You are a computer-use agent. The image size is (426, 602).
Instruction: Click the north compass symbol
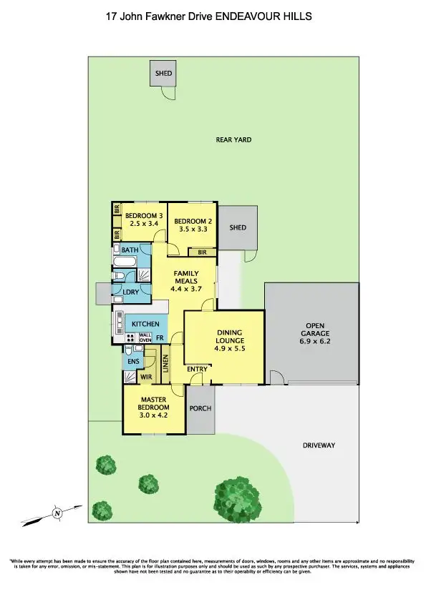point(56,512)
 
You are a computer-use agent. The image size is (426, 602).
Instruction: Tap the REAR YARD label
point(233,140)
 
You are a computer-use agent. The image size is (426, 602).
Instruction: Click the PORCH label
point(200,408)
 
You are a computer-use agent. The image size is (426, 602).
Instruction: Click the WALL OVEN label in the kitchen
point(145,337)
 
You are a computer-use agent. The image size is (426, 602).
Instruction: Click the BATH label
point(130,250)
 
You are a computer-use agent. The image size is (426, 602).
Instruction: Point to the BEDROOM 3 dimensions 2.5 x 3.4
point(140,224)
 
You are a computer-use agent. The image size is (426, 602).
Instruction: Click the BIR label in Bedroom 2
point(202,252)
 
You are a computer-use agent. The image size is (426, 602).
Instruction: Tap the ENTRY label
point(198,369)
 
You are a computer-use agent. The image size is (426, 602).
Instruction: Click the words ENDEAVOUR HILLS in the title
point(266,14)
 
